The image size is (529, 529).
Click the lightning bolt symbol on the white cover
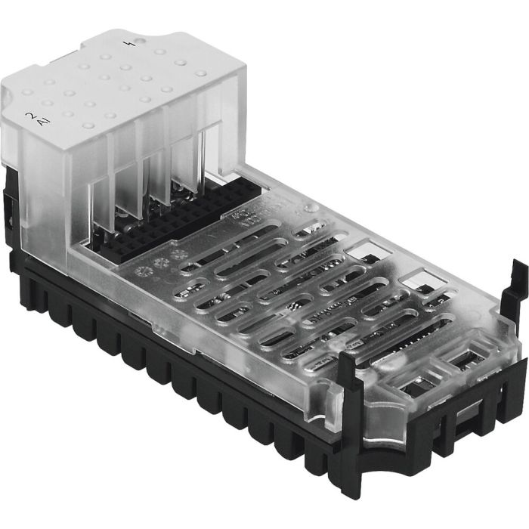(136, 43)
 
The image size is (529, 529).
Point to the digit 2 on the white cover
(29, 116)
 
